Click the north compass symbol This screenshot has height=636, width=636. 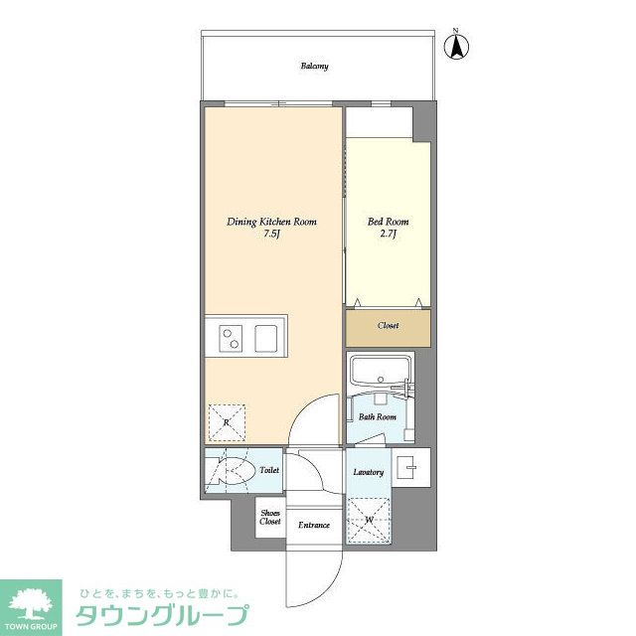460,46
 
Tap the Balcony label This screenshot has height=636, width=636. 315,67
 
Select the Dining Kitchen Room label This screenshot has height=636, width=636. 271,222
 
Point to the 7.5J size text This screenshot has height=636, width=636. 271,236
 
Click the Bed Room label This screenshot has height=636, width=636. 389,222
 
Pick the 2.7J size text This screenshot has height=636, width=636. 389,236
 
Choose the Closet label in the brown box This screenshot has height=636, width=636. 389,326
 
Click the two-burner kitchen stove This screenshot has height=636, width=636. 231,339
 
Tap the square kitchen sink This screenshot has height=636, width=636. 269,339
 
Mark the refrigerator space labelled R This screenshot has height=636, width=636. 227,422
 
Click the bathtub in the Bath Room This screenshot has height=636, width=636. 382,372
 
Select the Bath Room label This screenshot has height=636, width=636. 378,417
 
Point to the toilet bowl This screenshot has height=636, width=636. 232,474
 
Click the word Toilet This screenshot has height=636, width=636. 268,471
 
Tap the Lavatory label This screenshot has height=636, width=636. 368,471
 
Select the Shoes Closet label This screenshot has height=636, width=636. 270,517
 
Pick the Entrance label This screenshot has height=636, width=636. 314,525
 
